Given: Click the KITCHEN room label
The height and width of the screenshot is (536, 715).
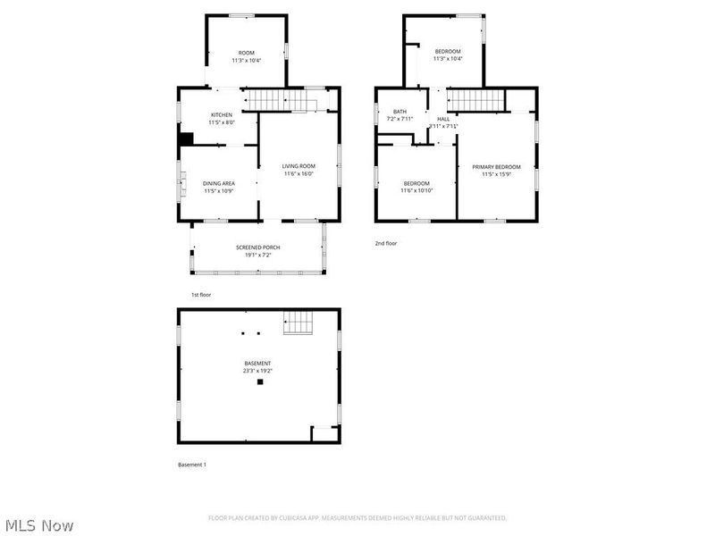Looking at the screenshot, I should [222, 114].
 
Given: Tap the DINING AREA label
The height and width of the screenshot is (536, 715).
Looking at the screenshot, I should [219, 183].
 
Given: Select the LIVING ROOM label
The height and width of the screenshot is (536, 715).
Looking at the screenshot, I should [299, 166].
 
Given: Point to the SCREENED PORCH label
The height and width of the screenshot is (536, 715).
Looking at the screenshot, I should [258, 247].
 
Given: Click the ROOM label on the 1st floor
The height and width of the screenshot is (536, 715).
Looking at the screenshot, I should [246, 53].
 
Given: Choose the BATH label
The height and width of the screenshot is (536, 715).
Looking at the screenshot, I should [400, 112].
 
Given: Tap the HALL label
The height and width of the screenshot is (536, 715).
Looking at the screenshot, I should [443, 119].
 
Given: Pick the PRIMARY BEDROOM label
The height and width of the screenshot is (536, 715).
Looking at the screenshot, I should [496, 167].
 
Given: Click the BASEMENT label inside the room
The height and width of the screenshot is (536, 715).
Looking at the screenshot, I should [258, 363].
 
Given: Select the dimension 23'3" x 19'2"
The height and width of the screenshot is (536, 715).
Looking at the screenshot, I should [258, 370].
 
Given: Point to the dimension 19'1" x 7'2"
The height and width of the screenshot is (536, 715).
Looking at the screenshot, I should [258, 255].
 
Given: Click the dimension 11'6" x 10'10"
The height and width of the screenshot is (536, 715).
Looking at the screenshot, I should [416, 190].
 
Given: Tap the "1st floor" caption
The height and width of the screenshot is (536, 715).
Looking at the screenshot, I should [201, 294].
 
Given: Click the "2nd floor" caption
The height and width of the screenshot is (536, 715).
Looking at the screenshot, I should [386, 243].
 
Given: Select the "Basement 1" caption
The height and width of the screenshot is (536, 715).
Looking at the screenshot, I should [192, 465].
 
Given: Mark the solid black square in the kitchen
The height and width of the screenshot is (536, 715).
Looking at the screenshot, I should [186, 138].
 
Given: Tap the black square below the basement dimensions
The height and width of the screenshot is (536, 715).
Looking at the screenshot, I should [260, 382].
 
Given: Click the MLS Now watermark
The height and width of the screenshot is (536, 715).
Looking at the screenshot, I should [39, 525].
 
